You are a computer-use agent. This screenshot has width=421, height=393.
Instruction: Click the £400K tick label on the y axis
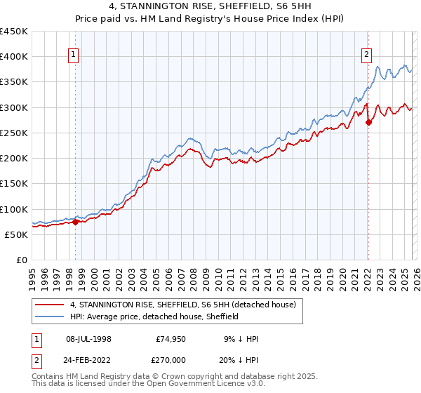click(14, 57)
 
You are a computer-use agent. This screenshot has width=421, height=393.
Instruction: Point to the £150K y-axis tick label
click(14, 183)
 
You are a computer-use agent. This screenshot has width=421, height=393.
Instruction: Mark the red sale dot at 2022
click(368, 122)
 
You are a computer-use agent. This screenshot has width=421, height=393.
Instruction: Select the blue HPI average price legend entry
click(154, 317)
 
